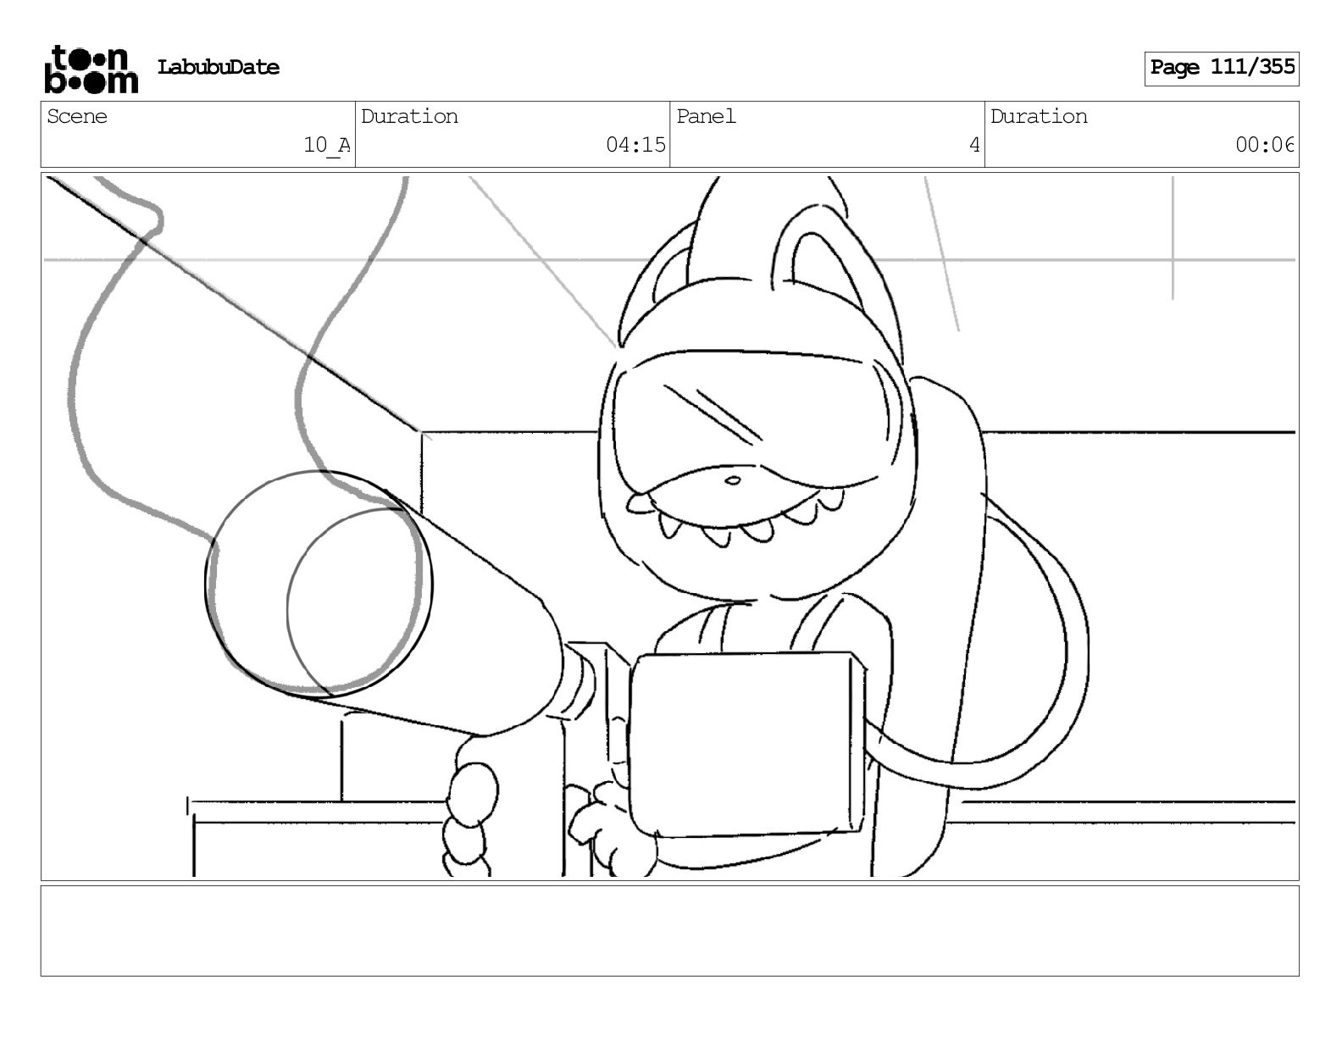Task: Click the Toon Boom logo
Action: (x=90, y=69)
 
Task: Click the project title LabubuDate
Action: (x=218, y=68)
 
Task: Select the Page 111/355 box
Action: (x=1221, y=68)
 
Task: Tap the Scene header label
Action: (x=77, y=116)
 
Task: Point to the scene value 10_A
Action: (x=326, y=146)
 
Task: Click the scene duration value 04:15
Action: (x=635, y=146)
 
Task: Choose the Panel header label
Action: (x=706, y=116)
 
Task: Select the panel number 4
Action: (x=974, y=146)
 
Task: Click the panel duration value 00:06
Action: (x=1264, y=146)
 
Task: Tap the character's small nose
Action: (x=733, y=481)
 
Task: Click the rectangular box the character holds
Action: (x=746, y=741)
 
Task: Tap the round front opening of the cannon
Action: (x=318, y=583)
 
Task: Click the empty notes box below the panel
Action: (x=669, y=930)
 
